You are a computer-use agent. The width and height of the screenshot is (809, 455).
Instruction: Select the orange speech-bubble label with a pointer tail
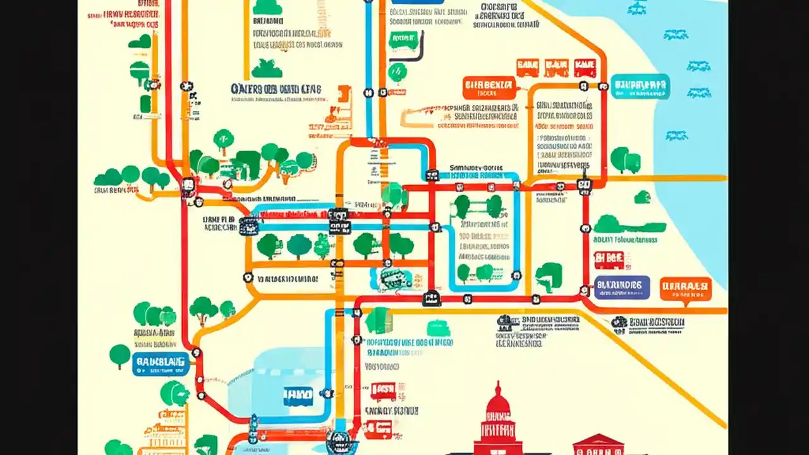click(686, 289)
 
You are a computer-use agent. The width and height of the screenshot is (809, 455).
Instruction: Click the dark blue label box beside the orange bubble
click(622, 287)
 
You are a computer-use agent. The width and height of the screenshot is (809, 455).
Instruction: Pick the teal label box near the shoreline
click(640, 87)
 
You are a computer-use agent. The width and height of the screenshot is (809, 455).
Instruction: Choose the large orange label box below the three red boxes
click(489, 87)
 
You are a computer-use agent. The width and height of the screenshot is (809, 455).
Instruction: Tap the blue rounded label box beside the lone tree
click(161, 364)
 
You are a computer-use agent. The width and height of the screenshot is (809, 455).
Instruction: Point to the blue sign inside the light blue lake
click(298, 396)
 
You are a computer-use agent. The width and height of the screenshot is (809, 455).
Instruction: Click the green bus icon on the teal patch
click(396, 278)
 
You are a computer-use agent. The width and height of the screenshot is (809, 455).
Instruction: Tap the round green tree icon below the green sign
click(398, 71)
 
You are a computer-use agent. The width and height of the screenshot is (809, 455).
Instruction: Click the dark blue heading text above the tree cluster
click(276, 89)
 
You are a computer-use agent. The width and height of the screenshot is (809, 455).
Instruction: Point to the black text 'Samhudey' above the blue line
click(475, 168)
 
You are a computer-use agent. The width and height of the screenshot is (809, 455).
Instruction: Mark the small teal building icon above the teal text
click(438, 329)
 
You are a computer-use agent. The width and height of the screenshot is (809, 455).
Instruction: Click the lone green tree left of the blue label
click(119, 356)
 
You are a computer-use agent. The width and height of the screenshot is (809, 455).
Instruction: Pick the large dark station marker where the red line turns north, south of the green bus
click(432, 298)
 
